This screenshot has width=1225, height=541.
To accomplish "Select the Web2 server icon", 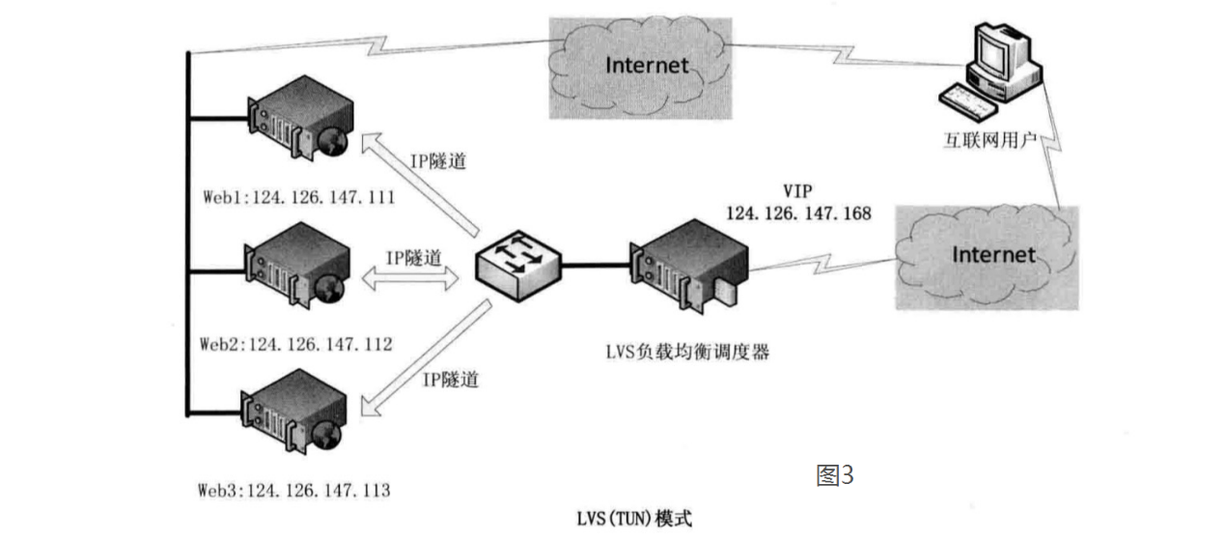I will pos(294,266).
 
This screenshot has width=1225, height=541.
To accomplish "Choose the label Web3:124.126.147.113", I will pos(294,491).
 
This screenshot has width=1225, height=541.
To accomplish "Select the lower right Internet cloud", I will pos(990,255).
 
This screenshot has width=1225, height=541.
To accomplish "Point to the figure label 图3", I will pos(836,475).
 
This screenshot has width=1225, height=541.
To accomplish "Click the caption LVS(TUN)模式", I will pos(632,518).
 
